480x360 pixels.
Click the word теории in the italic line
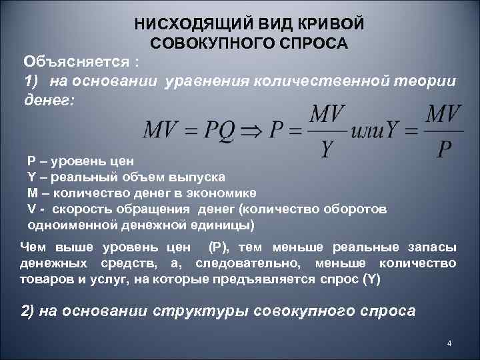click(x=423, y=81)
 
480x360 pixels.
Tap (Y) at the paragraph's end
click(x=371, y=279)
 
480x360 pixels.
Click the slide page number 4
click(x=449, y=343)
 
